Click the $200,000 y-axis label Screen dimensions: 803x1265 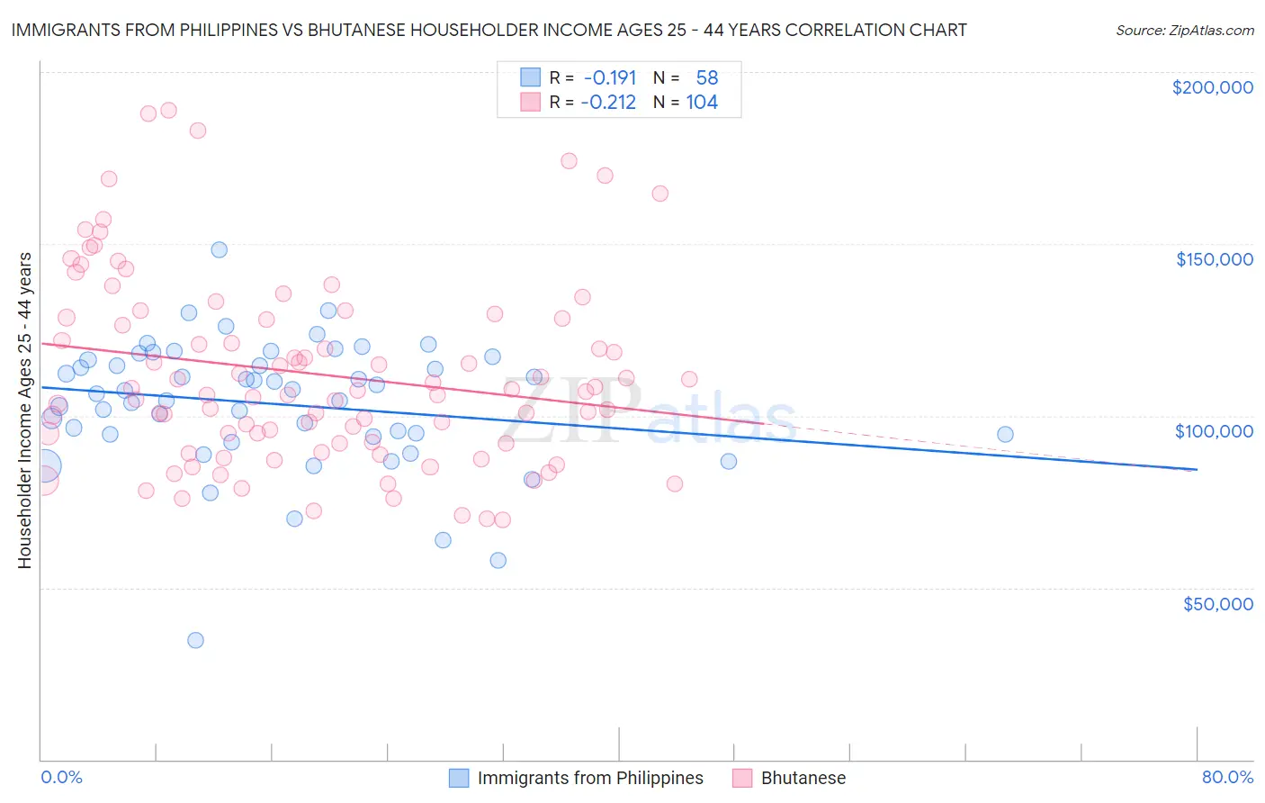pyautogui.click(x=1212, y=87)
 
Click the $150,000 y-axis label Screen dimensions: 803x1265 pyautogui.click(x=1214, y=259)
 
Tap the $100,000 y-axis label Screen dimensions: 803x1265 pyautogui.click(x=1214, y=431)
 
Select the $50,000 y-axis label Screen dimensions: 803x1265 pyautogui.click(x=1217, y=603)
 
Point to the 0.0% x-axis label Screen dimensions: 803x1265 pyautogui.click(x=61, y=777)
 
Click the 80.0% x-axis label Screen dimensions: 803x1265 pyautogui.click(x=1226, y=777)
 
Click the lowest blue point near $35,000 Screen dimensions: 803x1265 pyautogui.click(x=195, y=640)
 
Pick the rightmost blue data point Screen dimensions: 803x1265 pyautogui.click(x=1005, y=434)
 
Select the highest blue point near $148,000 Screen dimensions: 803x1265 pyautogui.click(x=219, y=249)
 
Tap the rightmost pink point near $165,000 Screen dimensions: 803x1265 pyautogui.click(x=659, y=194)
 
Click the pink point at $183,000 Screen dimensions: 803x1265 pyautogui.click(x=198, y=131)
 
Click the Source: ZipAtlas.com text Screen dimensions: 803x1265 pyautogui.click(x=1184, y=30)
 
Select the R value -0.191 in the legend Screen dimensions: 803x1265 pyautogui.click(x=609, y=78)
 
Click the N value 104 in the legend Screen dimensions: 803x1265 pyautogui.click(x=702, y=103)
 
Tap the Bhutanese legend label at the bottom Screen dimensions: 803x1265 pyautogui.click(x=803, y=778)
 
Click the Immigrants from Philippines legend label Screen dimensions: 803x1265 pyautogui.click(x=590, y=778)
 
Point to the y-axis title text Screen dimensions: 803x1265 pyautogui.click(x=24, y=410)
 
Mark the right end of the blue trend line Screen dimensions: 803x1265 pyautogui.click(x=1197, y=469)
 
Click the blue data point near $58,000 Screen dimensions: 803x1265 pyautogui.click(x=498, y=560)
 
